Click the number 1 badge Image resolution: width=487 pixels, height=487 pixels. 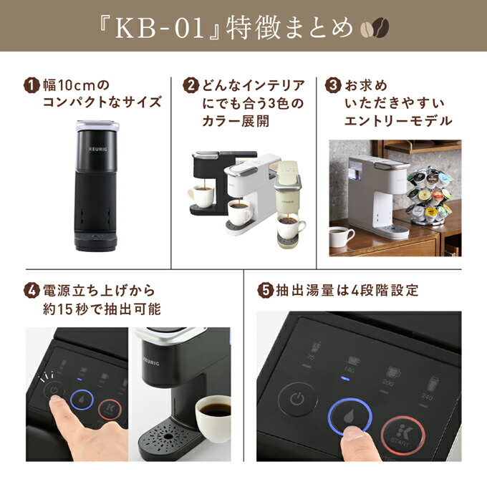click(x=32, y=85)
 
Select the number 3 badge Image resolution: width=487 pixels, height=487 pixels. click(x=333, y=85)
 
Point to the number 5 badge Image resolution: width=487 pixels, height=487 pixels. click(x=265, y=291)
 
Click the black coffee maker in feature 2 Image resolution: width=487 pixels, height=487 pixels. click(x=215, y=179)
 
